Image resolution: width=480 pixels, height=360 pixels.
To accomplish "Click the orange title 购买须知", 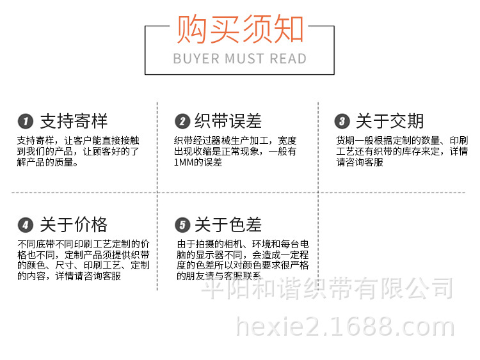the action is pyautogui.click(x=240, y=29).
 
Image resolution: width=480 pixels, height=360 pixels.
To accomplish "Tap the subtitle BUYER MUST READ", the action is pyautogui.click(x=240, y=59).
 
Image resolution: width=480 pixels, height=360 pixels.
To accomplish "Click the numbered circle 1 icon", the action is pyautogui.click(x=26, y=121).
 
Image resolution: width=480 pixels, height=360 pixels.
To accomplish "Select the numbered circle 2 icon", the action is pyautogui.click(x=182, y=121).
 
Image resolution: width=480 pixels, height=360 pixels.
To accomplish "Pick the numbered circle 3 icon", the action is pyautogui.click(x=342, y=121).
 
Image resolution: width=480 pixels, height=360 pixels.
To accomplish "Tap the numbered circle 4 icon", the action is pyautogui.click(x=26, y=225).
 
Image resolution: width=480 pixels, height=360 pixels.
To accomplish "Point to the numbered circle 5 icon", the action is pyautogui.click(x=182, y=225).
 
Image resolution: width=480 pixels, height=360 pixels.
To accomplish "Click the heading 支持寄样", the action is pyautogui.click(x=74, y=121).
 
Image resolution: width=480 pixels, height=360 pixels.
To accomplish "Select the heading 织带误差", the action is pyautogui.click(x=228, y=121).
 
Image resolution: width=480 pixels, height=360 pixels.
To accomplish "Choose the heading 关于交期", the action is pyautogui.click(x=390, y=121).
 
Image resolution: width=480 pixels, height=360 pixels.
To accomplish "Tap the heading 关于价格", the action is pyautogui.click(x=74, y=225).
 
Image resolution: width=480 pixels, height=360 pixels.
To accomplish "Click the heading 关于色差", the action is pyautogui.click(x=228, y=225).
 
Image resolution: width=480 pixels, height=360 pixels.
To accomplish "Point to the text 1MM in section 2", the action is pyautogui.click(x=184, y=162).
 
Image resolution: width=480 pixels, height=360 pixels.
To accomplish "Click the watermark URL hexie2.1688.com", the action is pyautogui.click(x=345, y=327).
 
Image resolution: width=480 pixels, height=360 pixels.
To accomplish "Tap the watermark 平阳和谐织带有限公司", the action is pyautogui.click(x=327, y=288).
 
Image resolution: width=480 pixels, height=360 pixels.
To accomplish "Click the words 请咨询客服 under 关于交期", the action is pyautogui.click(x=360, y=162).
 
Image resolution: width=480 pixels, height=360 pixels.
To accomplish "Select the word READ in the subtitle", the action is pyautogui.click(x=288, y=59).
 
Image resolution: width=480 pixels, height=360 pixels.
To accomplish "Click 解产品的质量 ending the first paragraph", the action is pyautogui.click(x=45, y=162).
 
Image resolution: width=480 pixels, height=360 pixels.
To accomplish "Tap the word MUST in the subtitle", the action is pyautogui.click(x=244, y=59).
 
